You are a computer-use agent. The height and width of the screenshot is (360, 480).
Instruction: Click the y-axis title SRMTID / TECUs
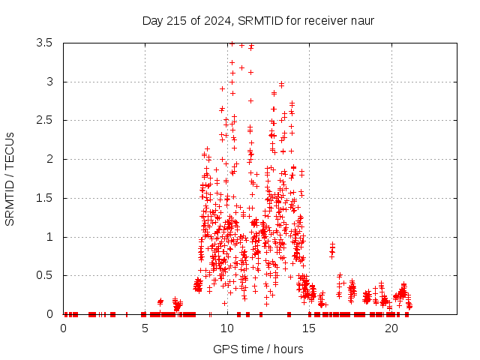(x=10, y=178)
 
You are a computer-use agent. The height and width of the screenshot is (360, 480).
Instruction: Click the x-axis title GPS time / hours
(x=259, y=349)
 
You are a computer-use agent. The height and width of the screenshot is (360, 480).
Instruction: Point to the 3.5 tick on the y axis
(x=44, y=43)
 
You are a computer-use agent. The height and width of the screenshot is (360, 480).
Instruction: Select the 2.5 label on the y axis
(x=44, y=120)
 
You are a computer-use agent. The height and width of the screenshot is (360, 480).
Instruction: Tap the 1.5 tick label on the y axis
(x=44, y=198)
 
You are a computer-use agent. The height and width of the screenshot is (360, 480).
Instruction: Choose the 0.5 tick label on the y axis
(x=44, y=275)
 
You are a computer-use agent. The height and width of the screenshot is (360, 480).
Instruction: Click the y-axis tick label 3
(x=49, y=82)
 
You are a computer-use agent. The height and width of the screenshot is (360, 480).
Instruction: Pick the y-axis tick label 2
(x=49, y=159)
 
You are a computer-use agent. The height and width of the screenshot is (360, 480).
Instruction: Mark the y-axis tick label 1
(x=49, y=237)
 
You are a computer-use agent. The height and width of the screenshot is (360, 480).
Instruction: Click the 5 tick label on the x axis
(x=145, y=328)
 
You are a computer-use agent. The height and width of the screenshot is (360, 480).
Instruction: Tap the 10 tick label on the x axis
(x=227, y=328)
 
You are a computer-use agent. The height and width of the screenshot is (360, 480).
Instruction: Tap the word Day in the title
(x=152, y=20)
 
